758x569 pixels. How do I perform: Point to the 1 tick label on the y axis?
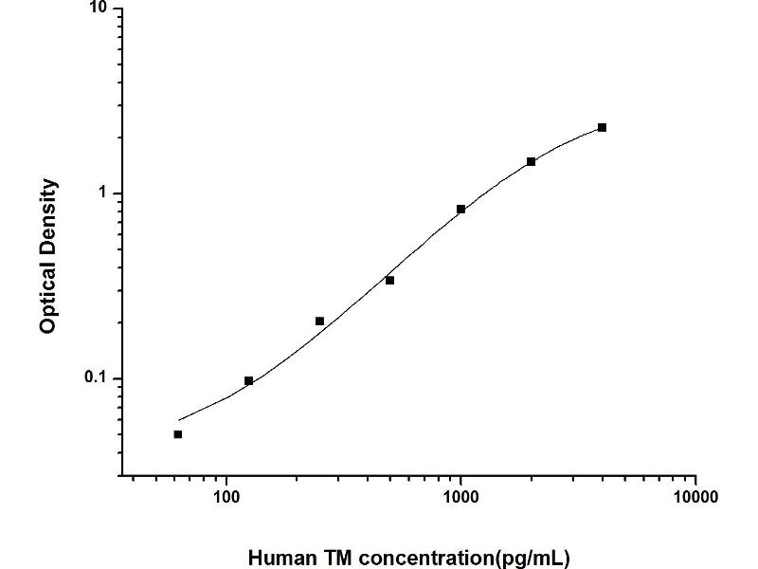106,193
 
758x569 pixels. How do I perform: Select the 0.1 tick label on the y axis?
99,378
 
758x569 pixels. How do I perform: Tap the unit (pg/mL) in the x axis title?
532,558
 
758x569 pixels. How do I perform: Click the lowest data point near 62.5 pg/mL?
178,434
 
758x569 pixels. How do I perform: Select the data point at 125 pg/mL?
248,381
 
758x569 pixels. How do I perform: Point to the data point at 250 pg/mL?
319,321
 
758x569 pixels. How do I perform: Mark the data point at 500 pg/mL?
389,281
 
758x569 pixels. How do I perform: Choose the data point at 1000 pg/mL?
460,210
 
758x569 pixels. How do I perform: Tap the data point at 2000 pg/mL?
532,162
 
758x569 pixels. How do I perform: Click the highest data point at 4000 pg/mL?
602,127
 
